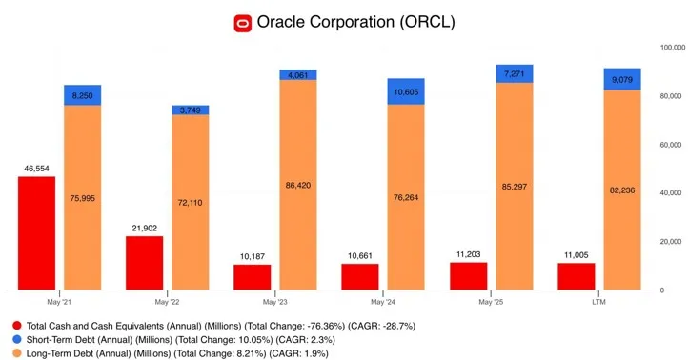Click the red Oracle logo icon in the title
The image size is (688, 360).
click(x=243, y=21)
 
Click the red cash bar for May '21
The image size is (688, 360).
click(x=36, y=232)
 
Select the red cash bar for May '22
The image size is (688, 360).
click(x=144, y=262)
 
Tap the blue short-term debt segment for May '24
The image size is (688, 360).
click(x=406, y=91)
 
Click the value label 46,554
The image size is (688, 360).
click(x=36, y=168)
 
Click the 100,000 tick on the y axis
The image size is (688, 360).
click(x=667, y=47)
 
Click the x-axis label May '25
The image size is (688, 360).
click(x=491, y=302)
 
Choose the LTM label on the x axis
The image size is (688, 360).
click(x=598, y=302)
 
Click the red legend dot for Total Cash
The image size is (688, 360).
click(x=15, y=325)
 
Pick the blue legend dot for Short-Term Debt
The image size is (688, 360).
click(x=15, y=339)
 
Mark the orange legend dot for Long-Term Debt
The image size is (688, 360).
click(x=15, y=353)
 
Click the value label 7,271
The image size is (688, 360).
click(x=514, y=73)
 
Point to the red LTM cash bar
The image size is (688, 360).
click(x=576, y=276)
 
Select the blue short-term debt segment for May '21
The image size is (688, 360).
click(x=82, y=95)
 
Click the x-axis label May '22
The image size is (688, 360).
click(x=167, y=302)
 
